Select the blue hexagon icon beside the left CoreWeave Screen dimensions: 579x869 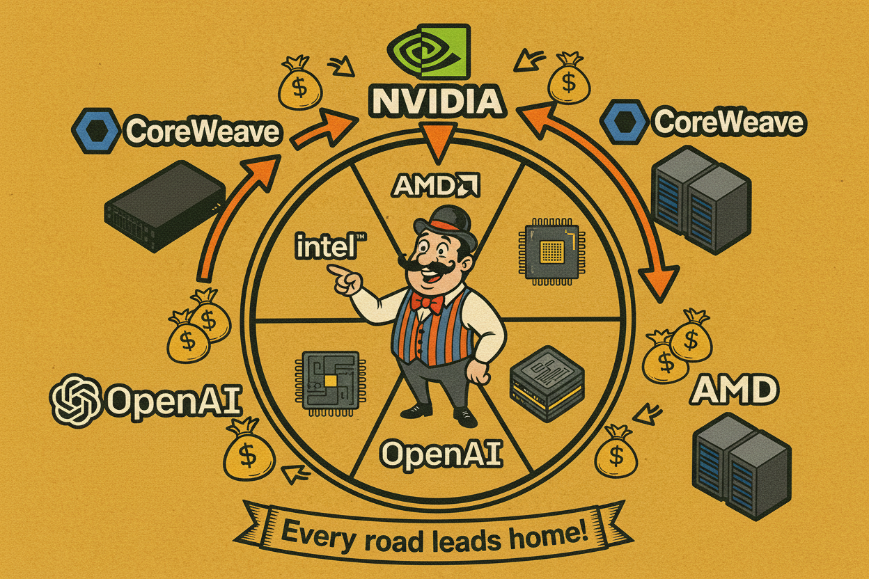point(95,130)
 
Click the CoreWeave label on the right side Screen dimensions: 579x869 point(727,123)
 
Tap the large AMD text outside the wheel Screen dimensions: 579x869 point(733,392)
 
